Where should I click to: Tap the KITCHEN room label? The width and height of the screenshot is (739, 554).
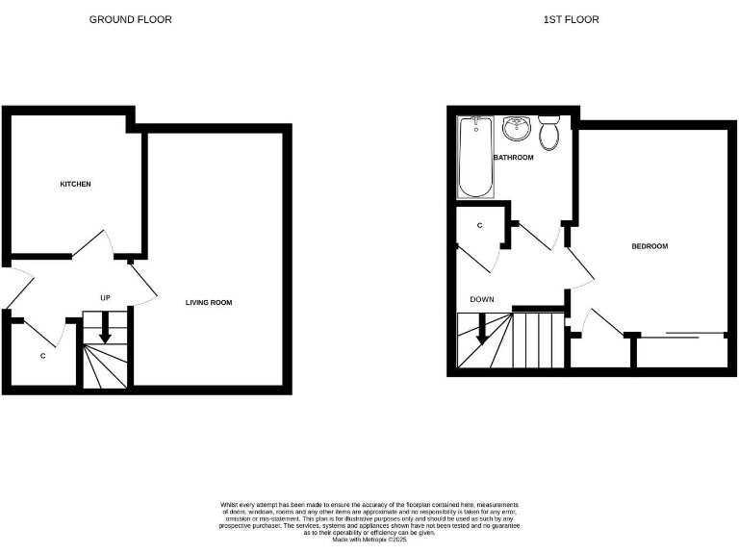click(75, 184)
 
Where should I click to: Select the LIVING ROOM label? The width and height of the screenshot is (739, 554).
click(209, 303)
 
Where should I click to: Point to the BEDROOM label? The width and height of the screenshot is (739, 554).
click(649, 246)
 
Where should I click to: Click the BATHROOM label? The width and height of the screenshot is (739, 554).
click(513, 158)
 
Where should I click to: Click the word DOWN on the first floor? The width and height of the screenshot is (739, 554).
click(482, 299)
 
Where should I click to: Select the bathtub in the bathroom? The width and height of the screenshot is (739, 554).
click(475, 157)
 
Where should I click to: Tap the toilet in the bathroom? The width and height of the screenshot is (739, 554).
click(549, 134)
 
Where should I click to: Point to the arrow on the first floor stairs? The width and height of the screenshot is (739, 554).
click(480, 330)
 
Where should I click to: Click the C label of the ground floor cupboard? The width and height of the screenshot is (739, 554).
click(42, 356)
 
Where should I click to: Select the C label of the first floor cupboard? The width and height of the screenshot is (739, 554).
click(480, 225)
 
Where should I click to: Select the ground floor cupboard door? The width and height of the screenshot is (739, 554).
click(43, 332)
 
